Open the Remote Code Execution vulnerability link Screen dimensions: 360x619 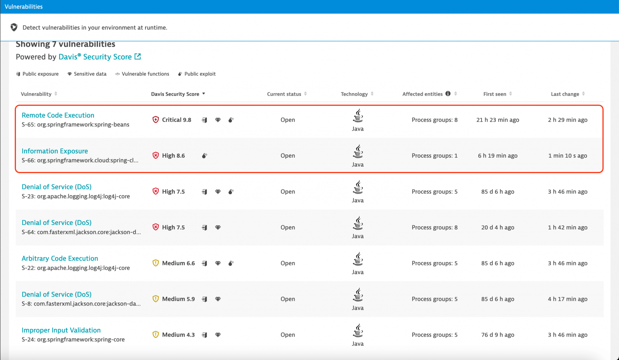(58, 115)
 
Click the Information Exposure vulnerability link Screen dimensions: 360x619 (54, 151)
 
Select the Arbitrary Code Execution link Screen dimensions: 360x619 (60, 258)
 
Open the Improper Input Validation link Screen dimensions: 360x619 (61, 330)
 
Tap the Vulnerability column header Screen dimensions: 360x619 (36, 94)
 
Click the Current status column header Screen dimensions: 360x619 (284, 94)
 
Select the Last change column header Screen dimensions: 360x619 (565, 94)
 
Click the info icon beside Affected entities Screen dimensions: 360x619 (448, 94)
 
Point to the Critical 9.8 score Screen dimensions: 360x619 (176, 120)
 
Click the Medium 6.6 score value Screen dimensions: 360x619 (178, 263)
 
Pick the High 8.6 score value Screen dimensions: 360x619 (173, 156)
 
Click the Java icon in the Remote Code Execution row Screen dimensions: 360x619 (357, 116)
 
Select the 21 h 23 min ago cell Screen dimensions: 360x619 (497, 120)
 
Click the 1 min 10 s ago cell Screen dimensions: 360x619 (567, 156)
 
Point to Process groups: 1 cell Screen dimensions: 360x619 (434, 156)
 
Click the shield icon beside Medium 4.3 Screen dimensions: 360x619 (156, 335)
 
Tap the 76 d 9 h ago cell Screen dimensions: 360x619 (497, 335)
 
